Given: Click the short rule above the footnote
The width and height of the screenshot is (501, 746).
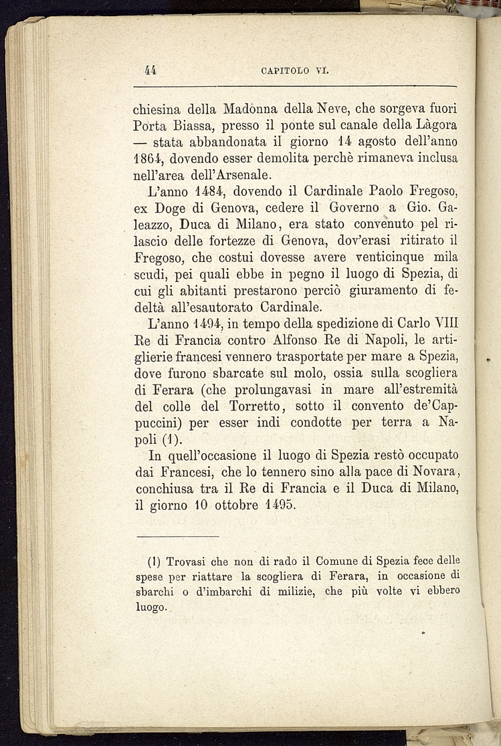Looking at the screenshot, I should point(177,535).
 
